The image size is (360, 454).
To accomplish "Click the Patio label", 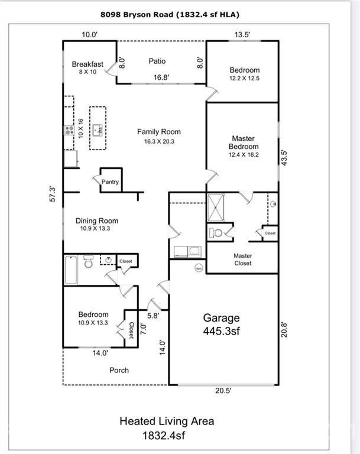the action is coord(157,61).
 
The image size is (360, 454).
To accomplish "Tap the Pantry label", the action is coord(110,182).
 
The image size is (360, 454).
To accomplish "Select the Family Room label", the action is coord(159,132).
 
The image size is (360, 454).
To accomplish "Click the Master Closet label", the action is coord(243,260).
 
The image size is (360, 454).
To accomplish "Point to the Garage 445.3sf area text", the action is coord(222,325).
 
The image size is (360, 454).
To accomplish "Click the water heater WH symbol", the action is coord(199,268).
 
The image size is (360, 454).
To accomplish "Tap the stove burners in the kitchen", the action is coord(69,130).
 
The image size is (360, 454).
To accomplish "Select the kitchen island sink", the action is coord(98,130).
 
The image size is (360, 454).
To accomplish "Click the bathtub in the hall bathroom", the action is coord(71,270).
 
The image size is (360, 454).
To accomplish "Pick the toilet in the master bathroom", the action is coord(215,232).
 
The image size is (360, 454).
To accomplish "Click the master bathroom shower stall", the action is coord(216,207).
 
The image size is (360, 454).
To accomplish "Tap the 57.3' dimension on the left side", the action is coord(53,194).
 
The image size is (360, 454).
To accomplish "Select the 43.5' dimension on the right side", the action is coord(284,158).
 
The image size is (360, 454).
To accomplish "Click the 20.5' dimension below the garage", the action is coord(223,391).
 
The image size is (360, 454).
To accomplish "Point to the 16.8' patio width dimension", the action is coord(161,77).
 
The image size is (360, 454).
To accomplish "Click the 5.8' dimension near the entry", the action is coord(153,316).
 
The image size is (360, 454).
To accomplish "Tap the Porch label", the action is coord(119,370).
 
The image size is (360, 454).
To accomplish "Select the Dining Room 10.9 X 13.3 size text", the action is coord(95,228).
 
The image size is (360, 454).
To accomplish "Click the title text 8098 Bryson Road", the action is coord(137,14).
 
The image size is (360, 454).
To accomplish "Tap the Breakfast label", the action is coord(87,64).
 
